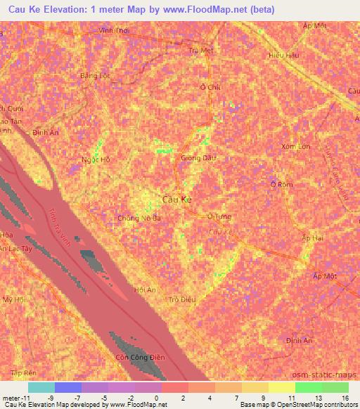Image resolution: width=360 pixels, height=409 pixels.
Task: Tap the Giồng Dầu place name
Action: click(199, 158)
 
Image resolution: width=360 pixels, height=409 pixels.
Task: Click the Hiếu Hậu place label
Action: click(285, 54)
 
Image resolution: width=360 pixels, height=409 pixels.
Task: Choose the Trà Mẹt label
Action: click(201, 51)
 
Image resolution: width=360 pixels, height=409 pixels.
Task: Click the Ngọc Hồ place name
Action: click(96, 160)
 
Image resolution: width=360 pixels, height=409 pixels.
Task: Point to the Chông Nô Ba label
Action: click(139, 218)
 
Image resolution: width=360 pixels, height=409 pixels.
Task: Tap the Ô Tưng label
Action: click(219, 216)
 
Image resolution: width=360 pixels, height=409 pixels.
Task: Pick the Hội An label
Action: click(144, 290)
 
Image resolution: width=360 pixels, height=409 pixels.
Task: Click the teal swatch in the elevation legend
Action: click(41, 387)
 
